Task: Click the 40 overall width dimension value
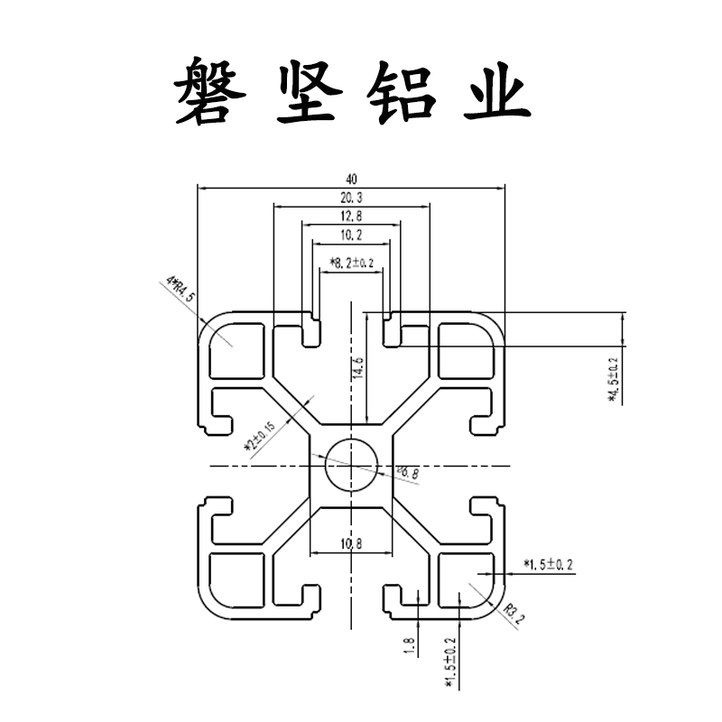tap(350, 178)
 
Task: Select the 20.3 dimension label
tap(350, 196)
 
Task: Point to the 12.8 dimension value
tap(350, 216)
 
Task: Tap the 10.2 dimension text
tap(350, 235)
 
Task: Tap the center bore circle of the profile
tap(350, 465)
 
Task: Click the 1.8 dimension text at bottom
tap(409, 647)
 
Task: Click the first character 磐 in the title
tap(209, 93)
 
